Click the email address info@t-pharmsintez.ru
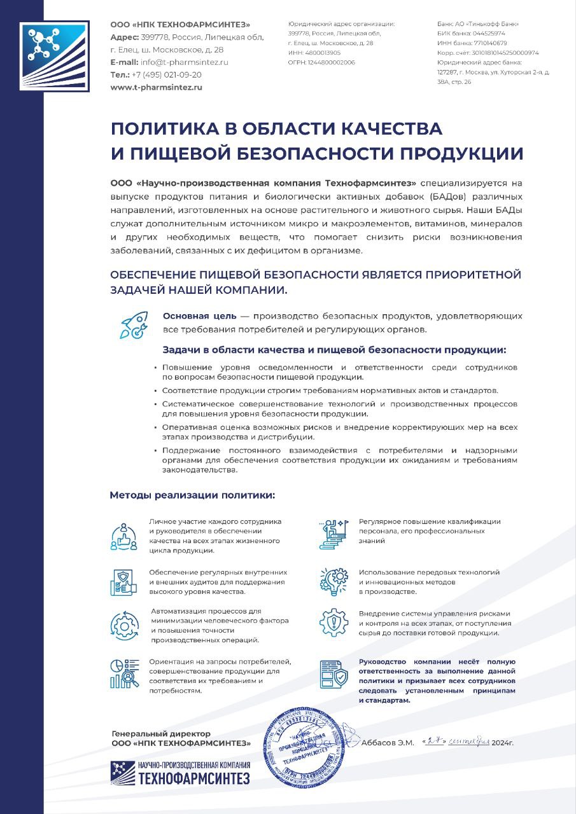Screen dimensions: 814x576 (x=185, y=62)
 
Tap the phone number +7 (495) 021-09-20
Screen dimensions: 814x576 (x=167, y=74)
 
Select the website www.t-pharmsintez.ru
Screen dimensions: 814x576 (x=156, y=87)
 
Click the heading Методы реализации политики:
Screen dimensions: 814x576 (x=193, y=495)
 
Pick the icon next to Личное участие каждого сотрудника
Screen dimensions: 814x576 (x=124, y=536)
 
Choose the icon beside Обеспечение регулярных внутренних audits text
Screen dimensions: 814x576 (x=124, y=581)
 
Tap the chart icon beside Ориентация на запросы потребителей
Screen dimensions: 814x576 (x=124, y=673)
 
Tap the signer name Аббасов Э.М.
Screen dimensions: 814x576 (x=388, y=743)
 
